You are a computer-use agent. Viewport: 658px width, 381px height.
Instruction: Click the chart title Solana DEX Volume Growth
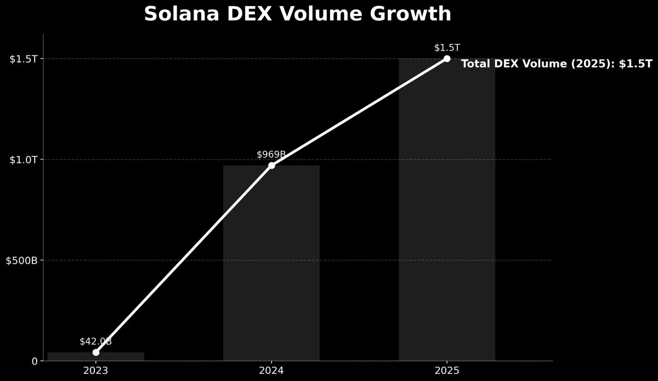tap(297, 14)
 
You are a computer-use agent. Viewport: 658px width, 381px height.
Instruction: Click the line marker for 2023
tap(96, 352)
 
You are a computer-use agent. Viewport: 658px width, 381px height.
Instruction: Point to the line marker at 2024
tap(271, 165)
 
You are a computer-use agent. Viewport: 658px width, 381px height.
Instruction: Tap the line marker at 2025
tap(447, 59)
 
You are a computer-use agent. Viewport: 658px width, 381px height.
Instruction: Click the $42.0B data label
tap(95, 342)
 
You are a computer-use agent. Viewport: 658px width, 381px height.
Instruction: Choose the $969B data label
tap(271, 155)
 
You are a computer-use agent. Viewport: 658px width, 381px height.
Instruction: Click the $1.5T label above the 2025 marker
tap(447, 48)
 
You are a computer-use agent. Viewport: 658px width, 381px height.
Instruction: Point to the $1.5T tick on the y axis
tap(23, 59)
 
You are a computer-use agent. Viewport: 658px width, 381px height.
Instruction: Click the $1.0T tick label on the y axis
tap(23, 160)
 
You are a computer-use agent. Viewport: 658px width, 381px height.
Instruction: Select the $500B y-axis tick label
tap(21, 260)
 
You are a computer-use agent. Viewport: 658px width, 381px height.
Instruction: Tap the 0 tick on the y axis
tap(34, 361)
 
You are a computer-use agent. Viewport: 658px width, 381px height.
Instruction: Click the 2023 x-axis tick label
tap(96, 371)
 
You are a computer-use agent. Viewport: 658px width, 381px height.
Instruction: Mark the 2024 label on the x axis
tap(271, 371)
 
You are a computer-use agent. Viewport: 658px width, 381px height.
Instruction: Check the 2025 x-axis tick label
tap(447, 371)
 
